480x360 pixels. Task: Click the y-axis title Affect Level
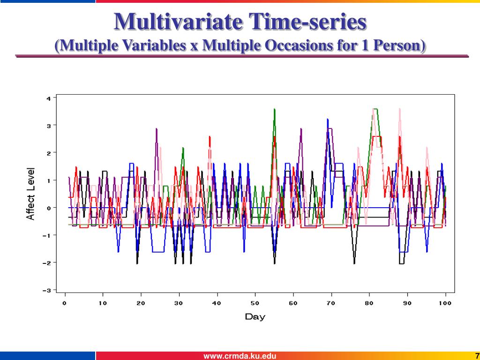pyautogui.click(x=30, y=193)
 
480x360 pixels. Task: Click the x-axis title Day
pyautogui.click(x=255, y=317)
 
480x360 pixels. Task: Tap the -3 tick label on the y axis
pyautogui.click(x=47, y=290)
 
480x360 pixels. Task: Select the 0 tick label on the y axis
pyautogui.click(x=48, y=208)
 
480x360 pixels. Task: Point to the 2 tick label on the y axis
pyautogui.click(x=48, y=153)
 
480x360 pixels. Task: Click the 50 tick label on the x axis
pyautogui.click(x=255, y=303)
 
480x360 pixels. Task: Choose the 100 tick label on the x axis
pyautogui.click(x=445, y=303)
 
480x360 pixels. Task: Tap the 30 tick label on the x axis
pyautogui.click(x=179, y=303)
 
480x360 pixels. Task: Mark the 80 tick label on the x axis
pyautogui.click(x=369, y=303)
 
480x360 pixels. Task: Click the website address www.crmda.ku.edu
pyautogui.click(x=240, y=356)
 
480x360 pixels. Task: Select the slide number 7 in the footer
pyautogui.click(x=477, y=356)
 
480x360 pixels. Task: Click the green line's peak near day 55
pyautogui.click(x=274, y=109)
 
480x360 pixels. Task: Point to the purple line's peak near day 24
pyautogui.click(x=156, y=128)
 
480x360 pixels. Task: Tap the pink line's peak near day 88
pyautogui.click(x=400, y=109)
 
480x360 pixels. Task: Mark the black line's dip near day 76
pyautogui.click(x=354, y=263)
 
